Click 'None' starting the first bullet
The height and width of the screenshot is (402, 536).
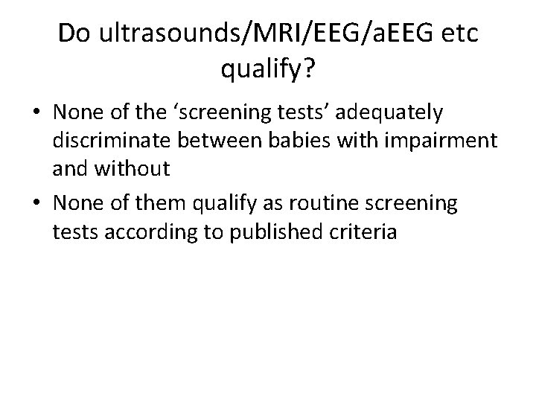pos(77,113)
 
